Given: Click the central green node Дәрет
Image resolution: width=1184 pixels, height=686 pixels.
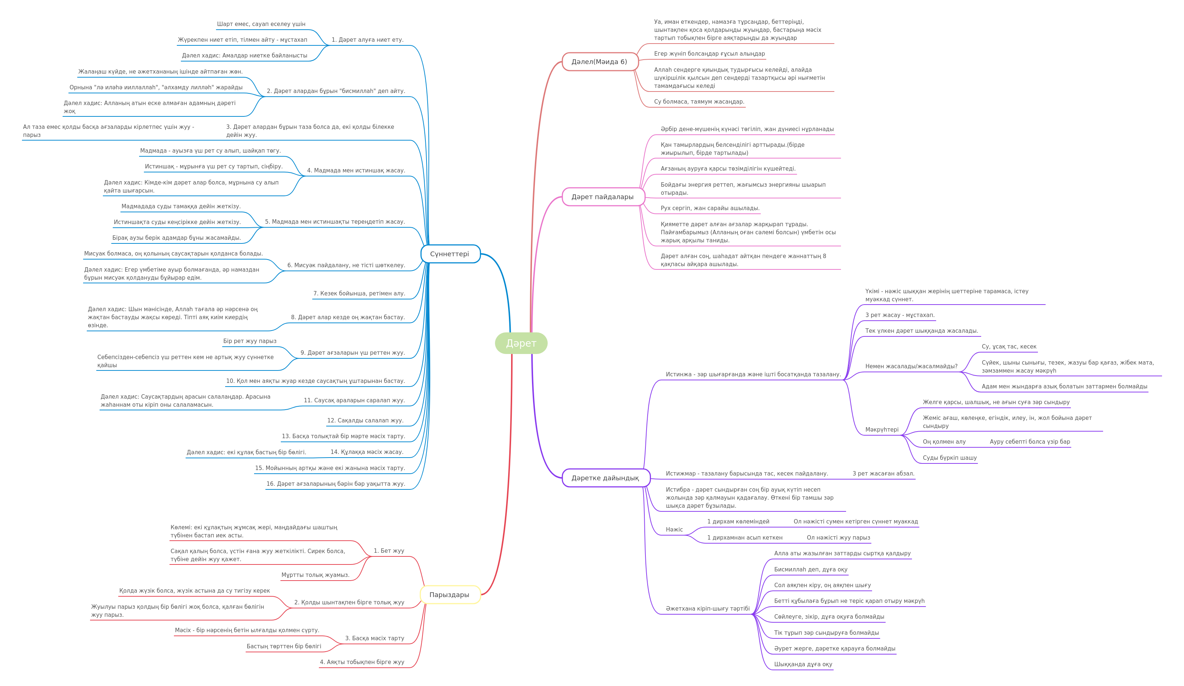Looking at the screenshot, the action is coord(521,343).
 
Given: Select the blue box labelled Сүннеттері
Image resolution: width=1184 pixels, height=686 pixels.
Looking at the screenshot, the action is coord(450,254).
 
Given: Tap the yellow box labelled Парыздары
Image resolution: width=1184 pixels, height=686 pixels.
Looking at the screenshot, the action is coord(450,594).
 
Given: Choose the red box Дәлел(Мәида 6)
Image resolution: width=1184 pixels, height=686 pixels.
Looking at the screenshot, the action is coord(600,61).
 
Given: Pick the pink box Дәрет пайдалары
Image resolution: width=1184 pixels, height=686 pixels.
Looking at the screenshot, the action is coord(603,197).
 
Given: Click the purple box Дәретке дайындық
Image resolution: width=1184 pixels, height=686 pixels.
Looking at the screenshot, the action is coord(606,478).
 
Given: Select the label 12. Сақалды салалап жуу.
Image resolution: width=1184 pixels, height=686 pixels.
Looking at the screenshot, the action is coord(365,420).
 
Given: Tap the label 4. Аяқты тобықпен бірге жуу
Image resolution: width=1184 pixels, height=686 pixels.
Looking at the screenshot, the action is coord(362,661).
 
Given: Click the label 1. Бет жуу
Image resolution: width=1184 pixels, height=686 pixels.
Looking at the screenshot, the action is coord(389,550).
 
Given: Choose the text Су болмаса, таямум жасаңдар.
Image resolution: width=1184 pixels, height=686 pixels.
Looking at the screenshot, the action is coord(699,101).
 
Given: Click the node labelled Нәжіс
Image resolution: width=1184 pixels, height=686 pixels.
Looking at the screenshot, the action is coord(674,529).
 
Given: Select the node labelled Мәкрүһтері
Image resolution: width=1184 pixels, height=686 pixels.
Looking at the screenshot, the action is coord(882,429).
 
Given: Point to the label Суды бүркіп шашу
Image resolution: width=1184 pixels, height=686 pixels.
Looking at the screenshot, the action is coord(950,458).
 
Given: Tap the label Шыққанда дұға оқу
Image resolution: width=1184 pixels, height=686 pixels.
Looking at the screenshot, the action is coord(803,664).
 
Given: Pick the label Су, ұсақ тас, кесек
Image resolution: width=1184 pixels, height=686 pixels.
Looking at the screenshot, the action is coord(1009,346).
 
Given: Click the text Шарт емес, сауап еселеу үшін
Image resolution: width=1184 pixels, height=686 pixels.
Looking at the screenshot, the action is coord(261,24).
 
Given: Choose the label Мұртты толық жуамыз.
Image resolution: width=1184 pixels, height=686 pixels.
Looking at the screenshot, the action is coord(315,575).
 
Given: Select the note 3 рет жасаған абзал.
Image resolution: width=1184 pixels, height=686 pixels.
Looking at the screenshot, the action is coord(883,473).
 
